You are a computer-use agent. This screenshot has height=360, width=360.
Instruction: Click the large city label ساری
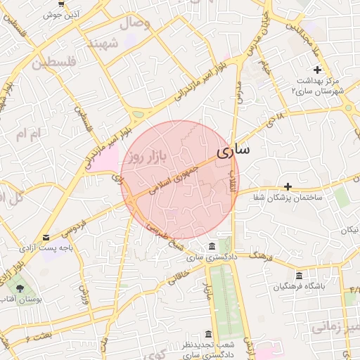pos(233,151)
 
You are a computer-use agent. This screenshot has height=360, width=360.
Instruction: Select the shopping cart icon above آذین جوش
pos(61,4)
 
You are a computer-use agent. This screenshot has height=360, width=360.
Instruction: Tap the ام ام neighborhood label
pos(30,134)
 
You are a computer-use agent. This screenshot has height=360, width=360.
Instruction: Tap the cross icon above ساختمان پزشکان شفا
pos(288,186)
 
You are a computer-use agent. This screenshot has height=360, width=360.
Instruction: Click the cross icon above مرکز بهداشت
pos(317,70)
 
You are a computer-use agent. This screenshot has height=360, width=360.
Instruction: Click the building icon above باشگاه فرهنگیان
pos(300,275)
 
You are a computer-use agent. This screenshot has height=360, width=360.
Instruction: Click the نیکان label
pos(349,231)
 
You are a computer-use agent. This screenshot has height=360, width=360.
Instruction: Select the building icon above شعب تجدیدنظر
pos(208,334)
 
